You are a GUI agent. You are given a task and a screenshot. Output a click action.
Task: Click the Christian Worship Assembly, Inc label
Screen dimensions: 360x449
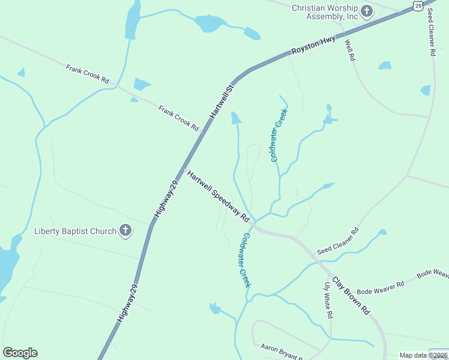[x=324, y=12]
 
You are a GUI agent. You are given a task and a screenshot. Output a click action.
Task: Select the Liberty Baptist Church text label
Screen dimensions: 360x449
[x=75, y=231]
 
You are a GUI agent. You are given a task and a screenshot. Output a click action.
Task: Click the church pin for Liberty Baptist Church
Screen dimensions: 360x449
[x=125, y=230]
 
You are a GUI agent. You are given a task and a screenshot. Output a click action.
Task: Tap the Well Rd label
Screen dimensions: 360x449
[x=351, y=50]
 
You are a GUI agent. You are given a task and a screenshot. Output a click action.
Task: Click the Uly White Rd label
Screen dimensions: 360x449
[x=328, y=301]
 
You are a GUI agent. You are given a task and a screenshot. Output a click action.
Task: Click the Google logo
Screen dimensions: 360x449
[x=20, y=353]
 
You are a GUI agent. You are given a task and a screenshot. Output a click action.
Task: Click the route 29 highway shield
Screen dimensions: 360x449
[x=418, y=5]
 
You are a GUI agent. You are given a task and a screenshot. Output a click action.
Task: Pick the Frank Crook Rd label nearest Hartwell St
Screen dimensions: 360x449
[x=178, y=118]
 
